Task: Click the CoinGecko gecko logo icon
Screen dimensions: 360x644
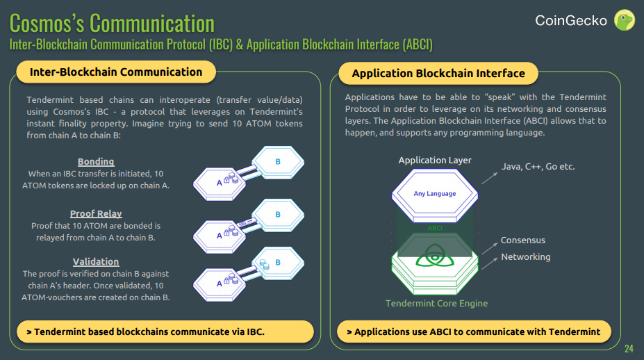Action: click(625, 20)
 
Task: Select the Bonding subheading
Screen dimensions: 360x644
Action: click(96, 161)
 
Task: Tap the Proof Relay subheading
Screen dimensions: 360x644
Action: click(96, 213)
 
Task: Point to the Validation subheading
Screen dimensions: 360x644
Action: click(96, 261)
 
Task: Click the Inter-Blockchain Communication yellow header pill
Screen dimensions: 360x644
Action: click(116, 72)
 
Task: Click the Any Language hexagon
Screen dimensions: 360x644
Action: click(435, 194)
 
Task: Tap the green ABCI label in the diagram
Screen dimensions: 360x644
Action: click(435, 228)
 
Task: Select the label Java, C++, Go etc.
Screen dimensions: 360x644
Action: click(538, 166)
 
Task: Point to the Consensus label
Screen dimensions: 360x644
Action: click(522, 240)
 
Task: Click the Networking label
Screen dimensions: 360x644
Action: click(525, 256)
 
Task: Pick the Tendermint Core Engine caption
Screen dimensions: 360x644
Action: click(436, 303)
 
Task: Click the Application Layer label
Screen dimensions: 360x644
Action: click(435, 161)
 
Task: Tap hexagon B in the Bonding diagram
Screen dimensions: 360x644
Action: click(278, 162)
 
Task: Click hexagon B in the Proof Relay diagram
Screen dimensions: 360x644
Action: click(278, 214)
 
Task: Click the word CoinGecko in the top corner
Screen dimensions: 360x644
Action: click(571, 21)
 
